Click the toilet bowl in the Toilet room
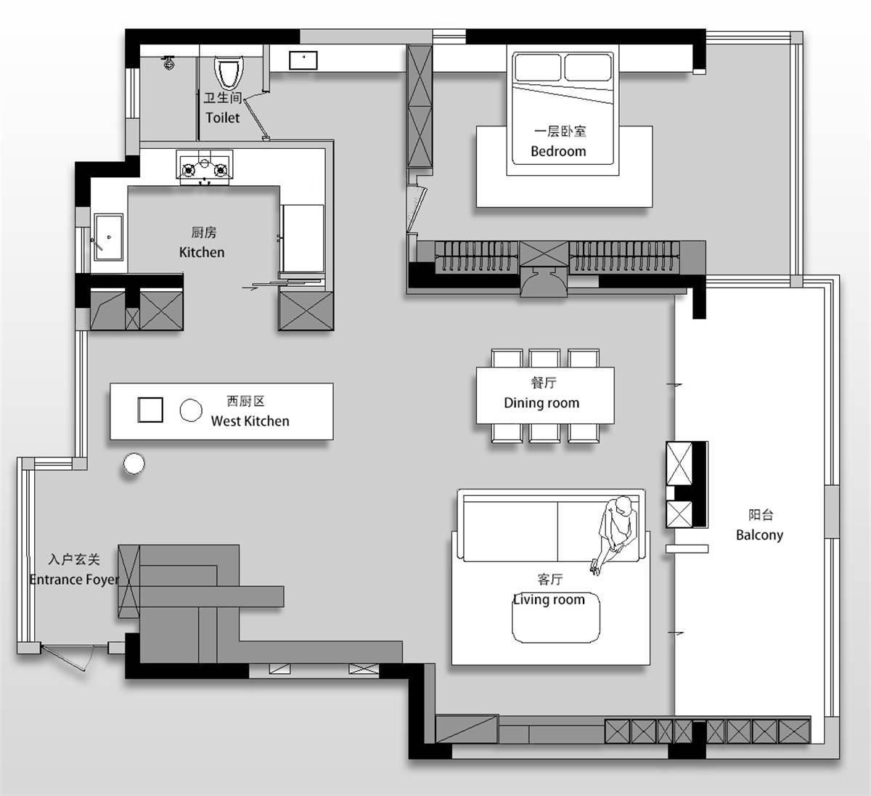pos(228,73)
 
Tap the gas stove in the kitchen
pos(205,166)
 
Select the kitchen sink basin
pos(109,237)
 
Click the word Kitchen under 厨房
pos(202,253)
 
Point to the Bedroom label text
pos(558,151)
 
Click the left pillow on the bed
pos(537,68)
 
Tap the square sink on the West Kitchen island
pos(150,410)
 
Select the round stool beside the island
pos(134,463)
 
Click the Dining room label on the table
pos(541,403)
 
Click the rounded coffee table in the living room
pos(556,617)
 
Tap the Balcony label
pos(759,535)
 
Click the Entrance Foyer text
pos(74,580)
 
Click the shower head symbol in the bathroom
pos(168,63)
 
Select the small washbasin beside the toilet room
pos(303,60)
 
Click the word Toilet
pos(222,118)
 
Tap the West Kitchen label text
pos(250,421)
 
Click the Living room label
pos(549,600)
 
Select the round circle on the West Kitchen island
pos(191,410)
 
